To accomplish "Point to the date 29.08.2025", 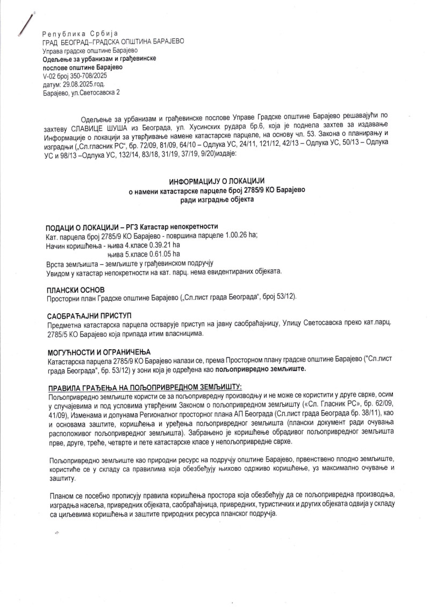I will (80, 84).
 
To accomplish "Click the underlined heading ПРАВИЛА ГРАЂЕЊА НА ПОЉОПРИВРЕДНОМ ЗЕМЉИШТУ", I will (138, 387).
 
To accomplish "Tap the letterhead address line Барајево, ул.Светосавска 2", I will (81, 93).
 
